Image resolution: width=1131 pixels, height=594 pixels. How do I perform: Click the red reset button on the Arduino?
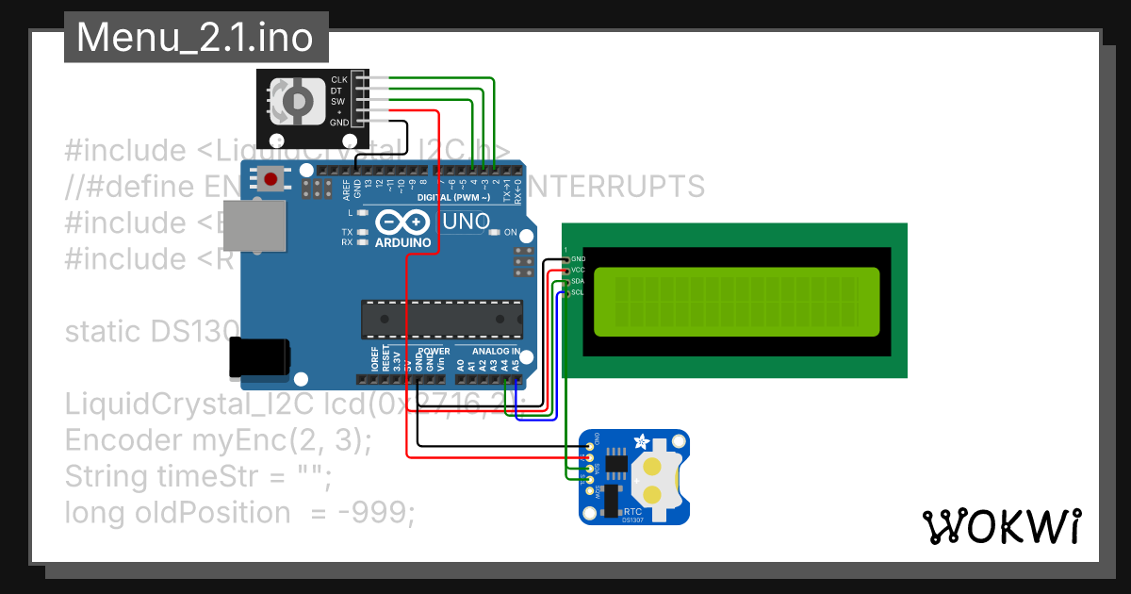[272, 178]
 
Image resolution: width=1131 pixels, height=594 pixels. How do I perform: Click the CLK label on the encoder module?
[339, 80]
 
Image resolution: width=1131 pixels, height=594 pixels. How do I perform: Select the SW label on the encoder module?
[338, 101]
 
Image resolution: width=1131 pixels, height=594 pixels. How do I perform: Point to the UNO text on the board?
[467, 222]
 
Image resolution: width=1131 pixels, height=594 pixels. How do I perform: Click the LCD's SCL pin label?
[578, 292]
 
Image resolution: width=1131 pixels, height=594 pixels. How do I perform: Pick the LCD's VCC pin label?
[578, 270]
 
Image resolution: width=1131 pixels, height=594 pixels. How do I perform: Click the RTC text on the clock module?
[633, 509]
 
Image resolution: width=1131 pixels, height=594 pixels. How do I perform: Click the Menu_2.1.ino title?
[196, 38]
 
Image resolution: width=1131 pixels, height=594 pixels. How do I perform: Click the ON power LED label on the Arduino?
[510, 232]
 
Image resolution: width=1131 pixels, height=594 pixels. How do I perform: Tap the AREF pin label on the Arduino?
[346, 190]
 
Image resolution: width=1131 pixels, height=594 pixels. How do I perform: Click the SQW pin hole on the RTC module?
[590, 491]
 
